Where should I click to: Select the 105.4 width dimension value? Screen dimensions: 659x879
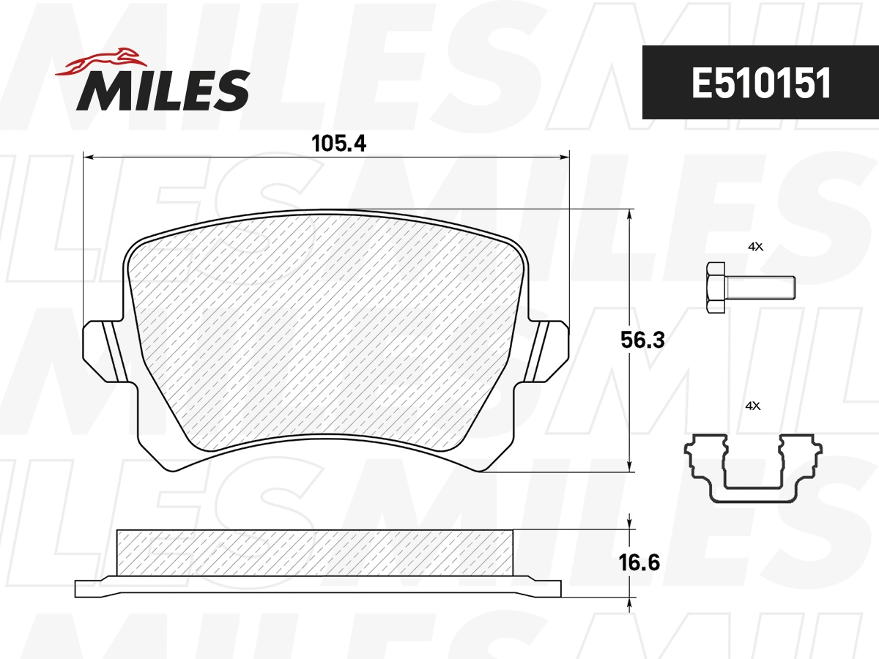(338, 144)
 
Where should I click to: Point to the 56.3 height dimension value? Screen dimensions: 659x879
(642, 340)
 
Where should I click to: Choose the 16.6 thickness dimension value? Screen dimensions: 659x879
(640, 563)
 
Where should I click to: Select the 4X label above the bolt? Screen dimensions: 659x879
(754, 247)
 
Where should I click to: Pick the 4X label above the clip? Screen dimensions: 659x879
(752, 405)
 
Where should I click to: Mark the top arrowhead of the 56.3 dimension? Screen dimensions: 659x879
(630, 214)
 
